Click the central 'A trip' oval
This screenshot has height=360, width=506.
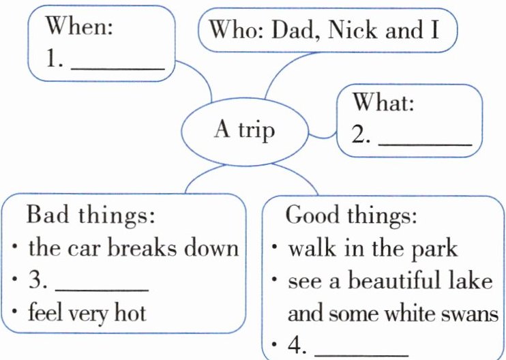click(243, 130)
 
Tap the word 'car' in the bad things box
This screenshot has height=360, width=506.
click(88, 247)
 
